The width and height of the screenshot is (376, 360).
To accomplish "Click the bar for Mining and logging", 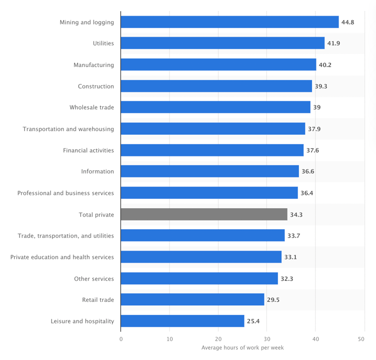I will pos(229,22).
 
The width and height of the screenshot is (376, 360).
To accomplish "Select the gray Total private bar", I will pos(204,214).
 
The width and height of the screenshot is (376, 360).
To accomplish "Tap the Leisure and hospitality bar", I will pos(182,321).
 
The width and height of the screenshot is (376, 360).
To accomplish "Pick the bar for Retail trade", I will pos(192,300).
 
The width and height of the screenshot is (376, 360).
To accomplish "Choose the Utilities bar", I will pos(222,43).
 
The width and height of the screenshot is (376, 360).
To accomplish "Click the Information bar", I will pos(209,171).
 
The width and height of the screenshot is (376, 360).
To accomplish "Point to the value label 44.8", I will pos(347,22).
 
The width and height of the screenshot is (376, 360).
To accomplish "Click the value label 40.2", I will pos(325,65).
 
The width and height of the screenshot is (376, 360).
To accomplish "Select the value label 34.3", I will pos(296,214).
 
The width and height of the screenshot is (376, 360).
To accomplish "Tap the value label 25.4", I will pos(253,321).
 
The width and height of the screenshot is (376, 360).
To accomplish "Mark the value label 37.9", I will pos(314,129).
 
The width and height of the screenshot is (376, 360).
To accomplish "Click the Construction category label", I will pos(96,86).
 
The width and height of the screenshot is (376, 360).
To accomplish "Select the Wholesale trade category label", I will pos(91,107).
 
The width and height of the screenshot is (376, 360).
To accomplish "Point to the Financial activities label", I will pos(88,150).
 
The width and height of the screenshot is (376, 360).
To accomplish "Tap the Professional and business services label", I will pos(66,193).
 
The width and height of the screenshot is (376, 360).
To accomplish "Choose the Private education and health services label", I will pos(62,257).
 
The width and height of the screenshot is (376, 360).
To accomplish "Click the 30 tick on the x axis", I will pos(266,339).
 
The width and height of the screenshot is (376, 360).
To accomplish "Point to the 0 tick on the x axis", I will pos(121,339).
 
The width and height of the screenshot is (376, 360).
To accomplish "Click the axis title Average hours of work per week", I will pos(242,348).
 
